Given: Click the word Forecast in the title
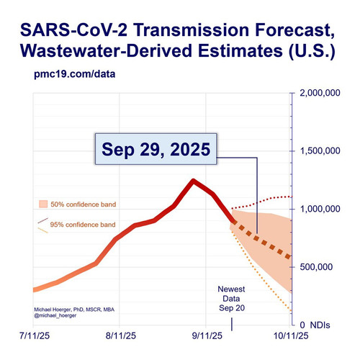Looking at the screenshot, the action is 294,30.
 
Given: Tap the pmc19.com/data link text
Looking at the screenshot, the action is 75,74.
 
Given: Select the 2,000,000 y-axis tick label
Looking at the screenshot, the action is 320,93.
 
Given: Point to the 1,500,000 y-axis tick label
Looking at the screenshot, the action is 320,150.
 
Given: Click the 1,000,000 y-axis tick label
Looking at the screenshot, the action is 320,209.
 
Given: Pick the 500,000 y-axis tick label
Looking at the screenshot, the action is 316,267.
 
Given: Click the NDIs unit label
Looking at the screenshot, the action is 320,325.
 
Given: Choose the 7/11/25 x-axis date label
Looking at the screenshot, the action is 35,336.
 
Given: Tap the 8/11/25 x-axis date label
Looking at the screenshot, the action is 121,336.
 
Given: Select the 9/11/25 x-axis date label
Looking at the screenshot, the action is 207,336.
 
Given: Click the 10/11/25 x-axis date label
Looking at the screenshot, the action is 291,336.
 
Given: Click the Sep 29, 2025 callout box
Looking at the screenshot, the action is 156,149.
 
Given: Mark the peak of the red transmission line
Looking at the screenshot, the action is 193,181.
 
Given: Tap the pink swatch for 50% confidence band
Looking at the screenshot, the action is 43,204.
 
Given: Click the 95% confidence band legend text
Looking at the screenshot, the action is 83,225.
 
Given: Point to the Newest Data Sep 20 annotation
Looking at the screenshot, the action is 232,299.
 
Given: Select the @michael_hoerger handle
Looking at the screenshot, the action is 55,315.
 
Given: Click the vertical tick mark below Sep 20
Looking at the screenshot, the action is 232,324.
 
